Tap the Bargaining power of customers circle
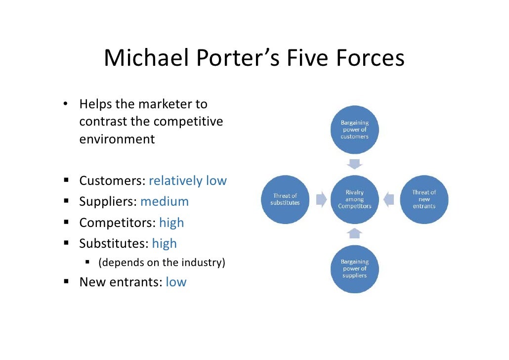pyautogui.click(x=354, y=130)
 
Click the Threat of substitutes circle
pyautogui.click(x=285, y=199)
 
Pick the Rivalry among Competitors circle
pyautogui.click(x=354, y=199)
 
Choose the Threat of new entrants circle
pyautogui.click(x=424, y=199)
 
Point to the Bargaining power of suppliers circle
pyautogui.click(x=354, y=269)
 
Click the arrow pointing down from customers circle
pyautogui.click(x=354, y=164)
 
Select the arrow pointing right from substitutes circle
pyautogui.click(x=321, y=199)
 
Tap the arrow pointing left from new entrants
pyautogui.click(x=389, y=199)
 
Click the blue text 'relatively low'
pyautogui.click(x=187, y=181)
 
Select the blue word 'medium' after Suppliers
pyautogui.click(x=165, y=202)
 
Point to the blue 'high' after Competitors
pyautogui.click(x=171, y=223)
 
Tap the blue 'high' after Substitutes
pyautogui.click(x=164, y=244)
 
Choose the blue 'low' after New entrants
pyautogui.click(x=176, y=282)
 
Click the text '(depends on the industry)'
pyautogui.click(x=162, y=263)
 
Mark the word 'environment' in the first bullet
pyautogui.click(x=117, y=139)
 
